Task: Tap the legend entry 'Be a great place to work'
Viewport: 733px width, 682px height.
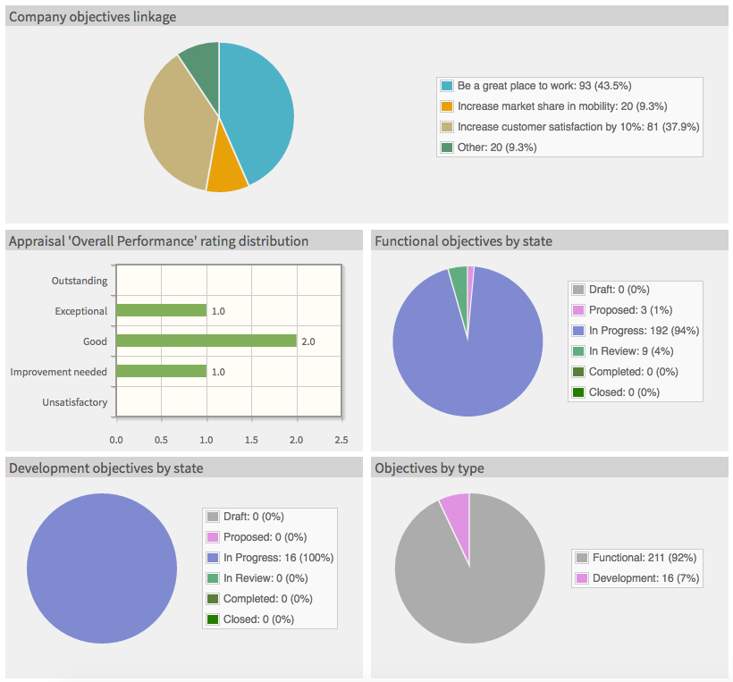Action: click(543, 86)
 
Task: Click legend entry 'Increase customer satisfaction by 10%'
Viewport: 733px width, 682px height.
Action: click(577, 127)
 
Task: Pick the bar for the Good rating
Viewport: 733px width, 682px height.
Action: click(206, 341)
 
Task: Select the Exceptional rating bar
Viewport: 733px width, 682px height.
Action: click(162, 310)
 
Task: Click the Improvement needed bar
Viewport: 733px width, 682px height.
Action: click(162, 371)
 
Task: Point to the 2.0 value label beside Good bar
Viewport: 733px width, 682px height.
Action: click(308, 341)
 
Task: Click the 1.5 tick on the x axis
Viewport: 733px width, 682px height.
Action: click(251, 440)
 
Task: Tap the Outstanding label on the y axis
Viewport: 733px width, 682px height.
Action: click(79, 281)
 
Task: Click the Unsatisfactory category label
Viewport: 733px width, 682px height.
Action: click(74, 402)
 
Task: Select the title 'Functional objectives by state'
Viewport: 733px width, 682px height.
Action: click(463, 241)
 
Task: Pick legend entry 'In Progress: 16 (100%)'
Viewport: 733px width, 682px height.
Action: click(278, 558)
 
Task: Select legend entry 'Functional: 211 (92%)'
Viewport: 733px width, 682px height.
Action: click(644, 558)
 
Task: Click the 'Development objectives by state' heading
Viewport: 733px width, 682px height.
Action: click(105, 467)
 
